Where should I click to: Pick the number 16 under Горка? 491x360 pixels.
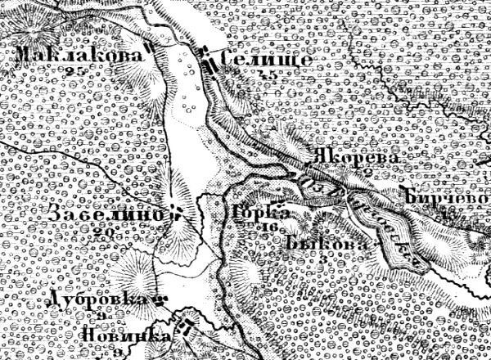(265, 226)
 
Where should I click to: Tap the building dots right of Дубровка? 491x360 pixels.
(161, 300)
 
